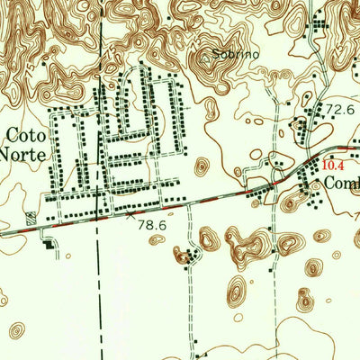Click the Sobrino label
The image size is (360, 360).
coord(236,55)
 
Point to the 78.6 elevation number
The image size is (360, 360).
coord(153,228)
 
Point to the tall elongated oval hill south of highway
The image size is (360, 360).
coord(236,292)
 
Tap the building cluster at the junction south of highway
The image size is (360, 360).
coord(188,258)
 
